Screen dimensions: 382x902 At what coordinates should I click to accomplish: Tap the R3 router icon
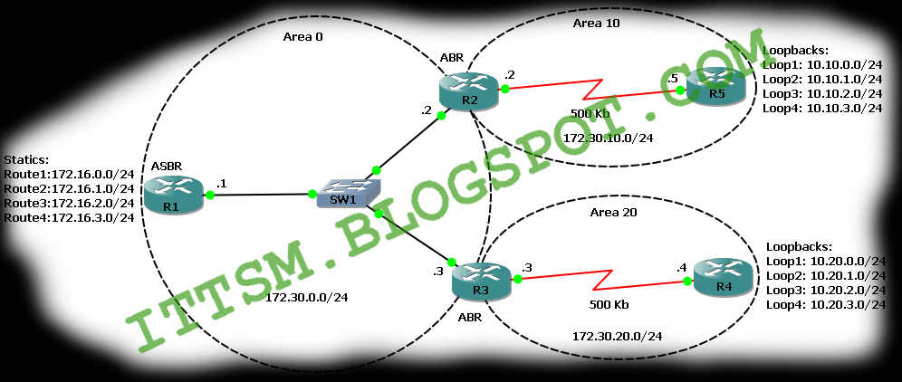482,280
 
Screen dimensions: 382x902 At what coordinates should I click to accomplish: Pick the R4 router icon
723,277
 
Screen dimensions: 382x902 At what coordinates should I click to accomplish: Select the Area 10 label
597,23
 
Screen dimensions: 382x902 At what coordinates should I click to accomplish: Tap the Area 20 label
614,214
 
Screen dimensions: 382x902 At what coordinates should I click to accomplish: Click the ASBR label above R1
169,166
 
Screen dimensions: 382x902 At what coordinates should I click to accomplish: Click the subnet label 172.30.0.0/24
308,297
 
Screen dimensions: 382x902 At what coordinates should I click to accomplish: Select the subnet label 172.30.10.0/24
608,137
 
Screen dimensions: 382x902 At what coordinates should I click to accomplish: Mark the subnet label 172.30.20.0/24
617,336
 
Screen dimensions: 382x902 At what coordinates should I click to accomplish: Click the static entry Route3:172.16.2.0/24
69,204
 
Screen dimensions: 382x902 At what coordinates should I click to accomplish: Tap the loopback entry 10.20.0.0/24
825,261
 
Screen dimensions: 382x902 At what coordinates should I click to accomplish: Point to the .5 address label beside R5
673,80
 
